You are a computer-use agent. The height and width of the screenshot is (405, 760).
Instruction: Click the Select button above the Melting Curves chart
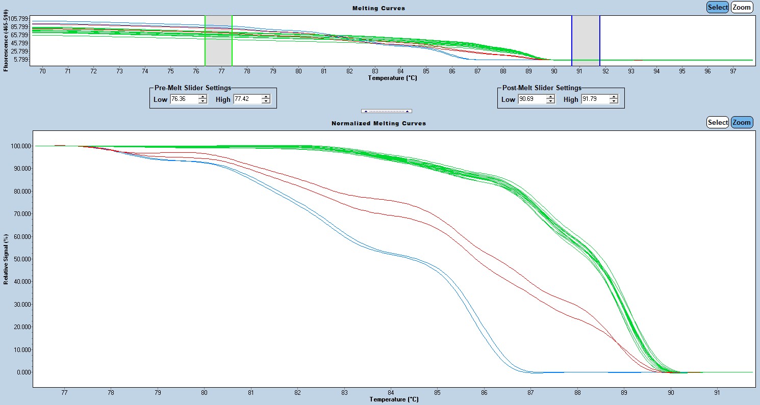[x=718, y=7]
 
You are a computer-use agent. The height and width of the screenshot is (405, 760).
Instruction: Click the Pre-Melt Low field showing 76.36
[x=184, y=99]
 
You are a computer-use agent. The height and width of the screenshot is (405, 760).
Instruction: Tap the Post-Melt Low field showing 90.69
[x=531, y=99]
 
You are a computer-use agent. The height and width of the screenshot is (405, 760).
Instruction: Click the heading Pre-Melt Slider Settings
[x=193, y=88]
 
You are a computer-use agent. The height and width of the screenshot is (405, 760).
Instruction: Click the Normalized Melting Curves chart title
[x=378, y=123]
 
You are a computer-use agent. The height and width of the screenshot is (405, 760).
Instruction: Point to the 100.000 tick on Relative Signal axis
[x=20, y=146]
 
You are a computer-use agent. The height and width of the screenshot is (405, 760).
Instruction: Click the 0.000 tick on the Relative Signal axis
[x=23, y=372]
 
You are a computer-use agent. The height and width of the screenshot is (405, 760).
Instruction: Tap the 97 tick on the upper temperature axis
[x=733, y=71]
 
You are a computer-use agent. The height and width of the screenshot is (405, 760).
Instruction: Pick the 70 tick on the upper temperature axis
[x=42, y=71]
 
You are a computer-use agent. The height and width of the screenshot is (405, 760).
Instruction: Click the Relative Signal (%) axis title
[x=6, y=259]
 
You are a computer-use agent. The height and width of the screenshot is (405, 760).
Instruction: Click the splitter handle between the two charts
[x=386, y=111]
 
